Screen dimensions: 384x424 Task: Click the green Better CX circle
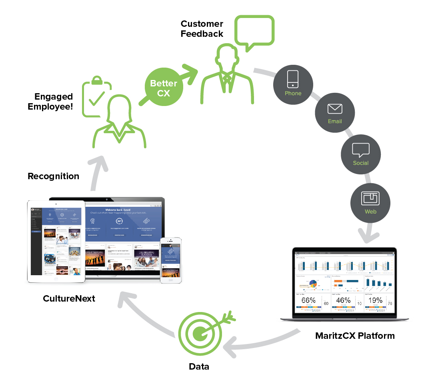pos(164,88)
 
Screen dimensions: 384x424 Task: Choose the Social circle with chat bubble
pos(360,154)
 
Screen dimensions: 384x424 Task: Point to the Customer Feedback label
pos(202,29)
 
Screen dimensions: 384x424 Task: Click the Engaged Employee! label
pos(53,102)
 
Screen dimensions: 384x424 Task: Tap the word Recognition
pos(53,176)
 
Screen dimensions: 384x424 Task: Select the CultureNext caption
pos(69,298)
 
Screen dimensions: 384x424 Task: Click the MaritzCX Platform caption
pos(354,336)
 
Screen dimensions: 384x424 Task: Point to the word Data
pos(199,366)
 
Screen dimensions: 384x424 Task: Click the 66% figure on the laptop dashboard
pos(308,300)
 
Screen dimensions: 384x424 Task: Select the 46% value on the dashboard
pos(344,300)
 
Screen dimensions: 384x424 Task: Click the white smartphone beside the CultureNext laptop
pos(170,260)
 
